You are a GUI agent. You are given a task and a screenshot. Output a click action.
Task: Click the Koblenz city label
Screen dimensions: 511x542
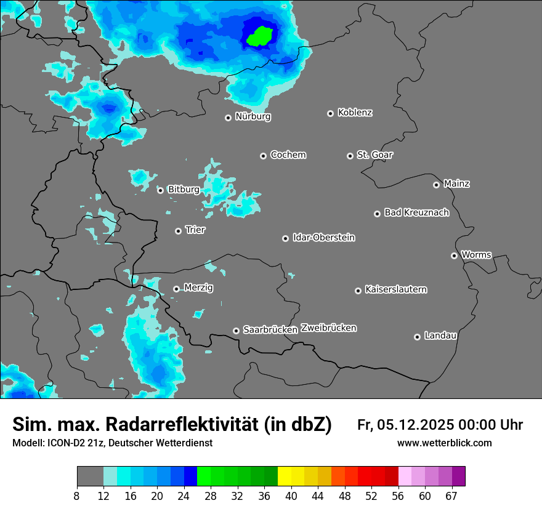(x=355, y=113)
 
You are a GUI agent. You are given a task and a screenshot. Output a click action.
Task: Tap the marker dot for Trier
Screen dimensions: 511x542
(x=179, y=231)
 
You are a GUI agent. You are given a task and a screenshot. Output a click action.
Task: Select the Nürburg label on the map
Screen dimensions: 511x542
(x=253, y=116)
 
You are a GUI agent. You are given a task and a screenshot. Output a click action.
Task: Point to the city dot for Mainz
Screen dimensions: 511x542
(x=437, y=185)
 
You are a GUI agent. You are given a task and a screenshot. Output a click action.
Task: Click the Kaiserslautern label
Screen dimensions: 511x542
(x=395, y=289)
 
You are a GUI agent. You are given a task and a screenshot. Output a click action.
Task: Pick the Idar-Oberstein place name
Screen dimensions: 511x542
(x=323, y=238)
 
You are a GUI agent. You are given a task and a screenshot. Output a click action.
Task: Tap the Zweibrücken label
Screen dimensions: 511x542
(x=328, y=328)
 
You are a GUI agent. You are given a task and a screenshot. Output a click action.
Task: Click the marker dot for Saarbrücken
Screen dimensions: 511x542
(x=236, y=331)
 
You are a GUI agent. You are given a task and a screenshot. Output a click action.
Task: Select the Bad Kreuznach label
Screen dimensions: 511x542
(x=416, y=212)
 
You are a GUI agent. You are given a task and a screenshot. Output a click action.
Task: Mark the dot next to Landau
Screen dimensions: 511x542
(x=417, y=337)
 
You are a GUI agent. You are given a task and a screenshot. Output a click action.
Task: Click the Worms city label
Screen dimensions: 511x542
(x=476, y=255)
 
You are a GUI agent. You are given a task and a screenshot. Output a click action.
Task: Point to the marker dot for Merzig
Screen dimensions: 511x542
(x=177, y=289)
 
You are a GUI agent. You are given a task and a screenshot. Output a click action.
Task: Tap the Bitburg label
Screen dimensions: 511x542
(x=184, y=190)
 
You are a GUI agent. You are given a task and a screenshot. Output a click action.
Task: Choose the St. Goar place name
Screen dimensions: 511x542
(x=374, y=155)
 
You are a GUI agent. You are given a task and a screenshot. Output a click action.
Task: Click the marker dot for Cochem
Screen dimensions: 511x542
(x=263, y=156)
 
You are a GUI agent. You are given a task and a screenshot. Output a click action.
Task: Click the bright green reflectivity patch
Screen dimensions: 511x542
(x=259, y=36)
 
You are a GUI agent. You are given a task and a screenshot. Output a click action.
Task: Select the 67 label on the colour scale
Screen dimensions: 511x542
(x=451, y=495)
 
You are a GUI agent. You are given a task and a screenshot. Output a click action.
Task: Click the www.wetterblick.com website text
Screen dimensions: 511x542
(x=444, y=443)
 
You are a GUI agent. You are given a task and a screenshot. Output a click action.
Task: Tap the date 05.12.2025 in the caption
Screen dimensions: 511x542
(x=417, y=425)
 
